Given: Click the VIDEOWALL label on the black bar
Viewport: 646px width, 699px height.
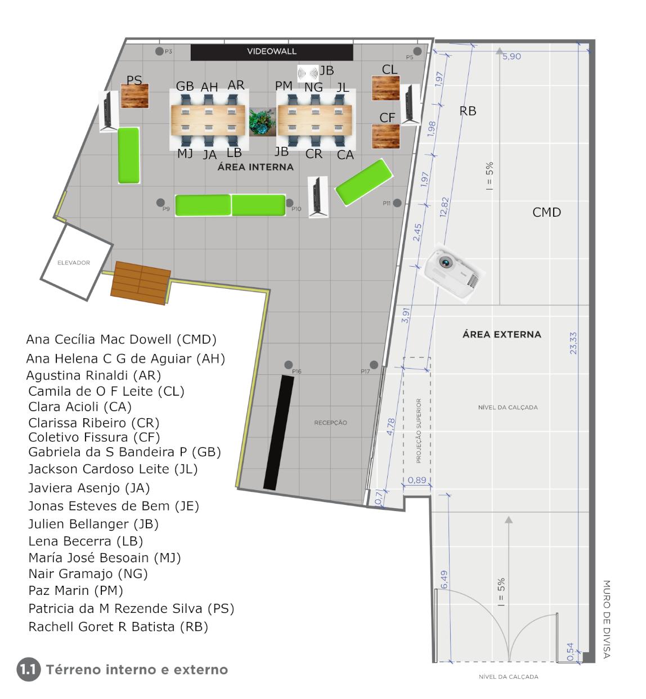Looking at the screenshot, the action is [x=271, y=51].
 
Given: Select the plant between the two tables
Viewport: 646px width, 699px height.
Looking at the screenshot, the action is [x=262, y=122].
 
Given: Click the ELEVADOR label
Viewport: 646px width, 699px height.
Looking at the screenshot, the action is [x=74, y=263].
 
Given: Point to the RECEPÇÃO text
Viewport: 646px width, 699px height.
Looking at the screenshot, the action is [x=330, y=422].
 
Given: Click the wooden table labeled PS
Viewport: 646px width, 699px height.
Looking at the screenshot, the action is [x=134, y=96].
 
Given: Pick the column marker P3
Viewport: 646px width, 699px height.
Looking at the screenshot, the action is [x=159, y=51].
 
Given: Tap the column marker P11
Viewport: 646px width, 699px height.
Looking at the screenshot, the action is [x=397, y=203].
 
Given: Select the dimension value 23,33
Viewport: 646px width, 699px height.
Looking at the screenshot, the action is [x=573, y=343].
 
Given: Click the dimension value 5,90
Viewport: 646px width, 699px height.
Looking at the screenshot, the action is [x=512, y=56].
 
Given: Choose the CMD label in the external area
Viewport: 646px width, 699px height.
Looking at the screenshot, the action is [x=546, y=212].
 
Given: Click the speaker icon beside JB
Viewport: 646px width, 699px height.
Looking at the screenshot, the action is [x=307, y=74].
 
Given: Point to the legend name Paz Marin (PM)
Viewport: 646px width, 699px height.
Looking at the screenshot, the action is [x=76, y=590].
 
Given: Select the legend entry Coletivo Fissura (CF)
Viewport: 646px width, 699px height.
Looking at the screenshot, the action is [x=94, y=437].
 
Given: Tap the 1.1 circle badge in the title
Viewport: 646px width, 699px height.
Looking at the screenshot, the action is [x=28, y=669].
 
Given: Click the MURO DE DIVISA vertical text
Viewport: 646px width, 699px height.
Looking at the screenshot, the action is [x=606, y=619].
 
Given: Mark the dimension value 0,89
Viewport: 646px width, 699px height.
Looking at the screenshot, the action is [x=417, y=480].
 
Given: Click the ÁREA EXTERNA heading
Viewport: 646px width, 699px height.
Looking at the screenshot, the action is [x=501, y=334].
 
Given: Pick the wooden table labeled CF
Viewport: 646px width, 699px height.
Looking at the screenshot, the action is [x=385, y=136].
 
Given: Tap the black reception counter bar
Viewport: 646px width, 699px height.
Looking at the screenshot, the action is [x=279, y=433].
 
